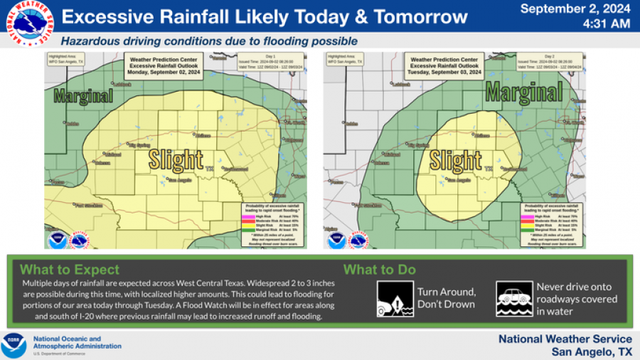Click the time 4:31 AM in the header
pos(606,24)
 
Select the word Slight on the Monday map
pos(176,160)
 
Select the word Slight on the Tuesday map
pos(456,160)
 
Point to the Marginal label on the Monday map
pos(79,95)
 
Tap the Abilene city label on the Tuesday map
pos(484,134)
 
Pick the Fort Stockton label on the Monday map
pos(87,205)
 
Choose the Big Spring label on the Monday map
pos(140,144)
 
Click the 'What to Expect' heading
pos(70,270)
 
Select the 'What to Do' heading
pos(380,270)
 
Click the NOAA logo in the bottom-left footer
pos(14,345)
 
